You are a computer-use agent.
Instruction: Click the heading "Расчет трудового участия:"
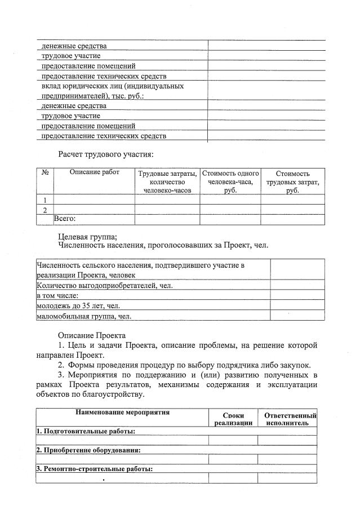point(105,153)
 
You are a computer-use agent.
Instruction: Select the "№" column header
point(45,174)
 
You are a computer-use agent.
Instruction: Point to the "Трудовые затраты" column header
point(167,182)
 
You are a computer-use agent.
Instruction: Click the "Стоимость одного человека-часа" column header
point(230,182)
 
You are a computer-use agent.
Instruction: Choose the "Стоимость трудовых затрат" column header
point(292,182)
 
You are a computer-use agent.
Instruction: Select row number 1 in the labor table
point(45,199)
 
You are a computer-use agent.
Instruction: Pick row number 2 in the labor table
point(45,210)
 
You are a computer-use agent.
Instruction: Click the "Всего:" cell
point(64,219)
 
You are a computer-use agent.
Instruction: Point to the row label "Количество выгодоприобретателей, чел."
point(105,285)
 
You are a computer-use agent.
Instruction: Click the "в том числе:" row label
point(57,295)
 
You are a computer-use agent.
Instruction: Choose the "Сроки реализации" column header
point(233,418)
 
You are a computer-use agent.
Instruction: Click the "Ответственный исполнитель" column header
point(287,418)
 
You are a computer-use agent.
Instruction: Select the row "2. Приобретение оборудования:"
point(88,450)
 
